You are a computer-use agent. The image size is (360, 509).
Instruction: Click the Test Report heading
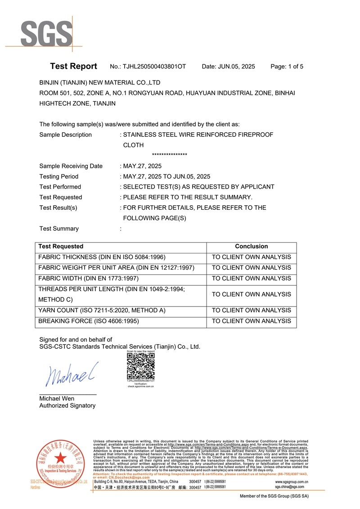(73, 66)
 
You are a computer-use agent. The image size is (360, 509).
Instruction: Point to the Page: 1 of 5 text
(287, 67)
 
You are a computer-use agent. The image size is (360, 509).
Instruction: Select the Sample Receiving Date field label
(71, 166)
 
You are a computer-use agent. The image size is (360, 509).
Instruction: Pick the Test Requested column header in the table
(61, 247)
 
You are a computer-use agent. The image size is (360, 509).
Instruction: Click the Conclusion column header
(251, 247)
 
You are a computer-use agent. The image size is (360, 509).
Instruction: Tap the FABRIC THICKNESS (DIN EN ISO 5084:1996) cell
(102, 257)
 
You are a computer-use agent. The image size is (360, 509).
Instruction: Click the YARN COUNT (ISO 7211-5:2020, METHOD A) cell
(102, 311)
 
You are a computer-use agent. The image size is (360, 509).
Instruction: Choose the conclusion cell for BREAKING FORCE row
(251, 321)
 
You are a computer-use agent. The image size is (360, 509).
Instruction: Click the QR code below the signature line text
(141, 366)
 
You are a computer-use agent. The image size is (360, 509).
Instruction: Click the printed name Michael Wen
(57, 399)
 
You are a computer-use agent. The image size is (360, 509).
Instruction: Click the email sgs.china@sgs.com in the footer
(289, 487)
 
